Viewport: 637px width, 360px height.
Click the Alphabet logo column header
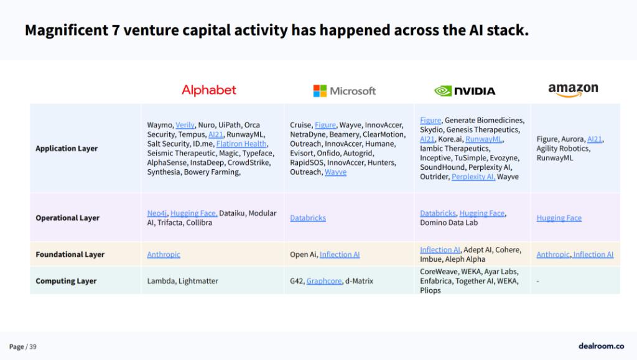[209, 90]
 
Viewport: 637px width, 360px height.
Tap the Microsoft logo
[345, 91]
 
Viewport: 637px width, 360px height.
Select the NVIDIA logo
[465, 91]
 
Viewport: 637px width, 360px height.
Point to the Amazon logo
[573, 90]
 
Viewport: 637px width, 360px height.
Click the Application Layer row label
[67, 149]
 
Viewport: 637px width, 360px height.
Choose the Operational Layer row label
[67, 218]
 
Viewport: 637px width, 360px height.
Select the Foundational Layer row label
[70, 254]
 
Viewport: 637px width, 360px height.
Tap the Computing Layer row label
[66, 281]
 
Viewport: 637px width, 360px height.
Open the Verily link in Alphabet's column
[185, 125]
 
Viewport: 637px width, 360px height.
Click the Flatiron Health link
[241, 144]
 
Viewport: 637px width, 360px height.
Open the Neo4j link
[157, 213]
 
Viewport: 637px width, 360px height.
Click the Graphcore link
[324, 281]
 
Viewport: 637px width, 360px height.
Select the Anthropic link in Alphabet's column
[164, 254]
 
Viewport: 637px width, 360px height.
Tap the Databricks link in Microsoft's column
[308, 218]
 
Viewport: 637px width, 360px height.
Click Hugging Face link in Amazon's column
[559, 218]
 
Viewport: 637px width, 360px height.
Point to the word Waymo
[160, 125]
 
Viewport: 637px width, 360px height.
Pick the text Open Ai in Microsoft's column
[303, 254]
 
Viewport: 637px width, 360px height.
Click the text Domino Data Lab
[449, 223]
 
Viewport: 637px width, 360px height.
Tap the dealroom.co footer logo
[602, 346]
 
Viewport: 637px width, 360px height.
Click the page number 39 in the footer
[33, 346]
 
